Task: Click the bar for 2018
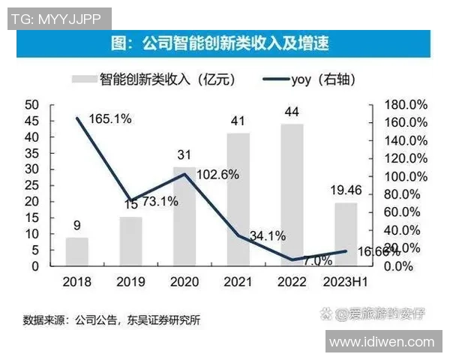click(76, 251)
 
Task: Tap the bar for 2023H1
click(346, 234)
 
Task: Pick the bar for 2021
click(238, 199)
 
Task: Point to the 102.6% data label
click(217, 174)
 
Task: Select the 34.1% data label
click(267, 235)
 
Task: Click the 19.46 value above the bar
click(346, 190)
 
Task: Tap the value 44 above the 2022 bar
click(292, 112)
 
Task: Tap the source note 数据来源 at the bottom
click(112, 320)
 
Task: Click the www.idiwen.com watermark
click(382, 342)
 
